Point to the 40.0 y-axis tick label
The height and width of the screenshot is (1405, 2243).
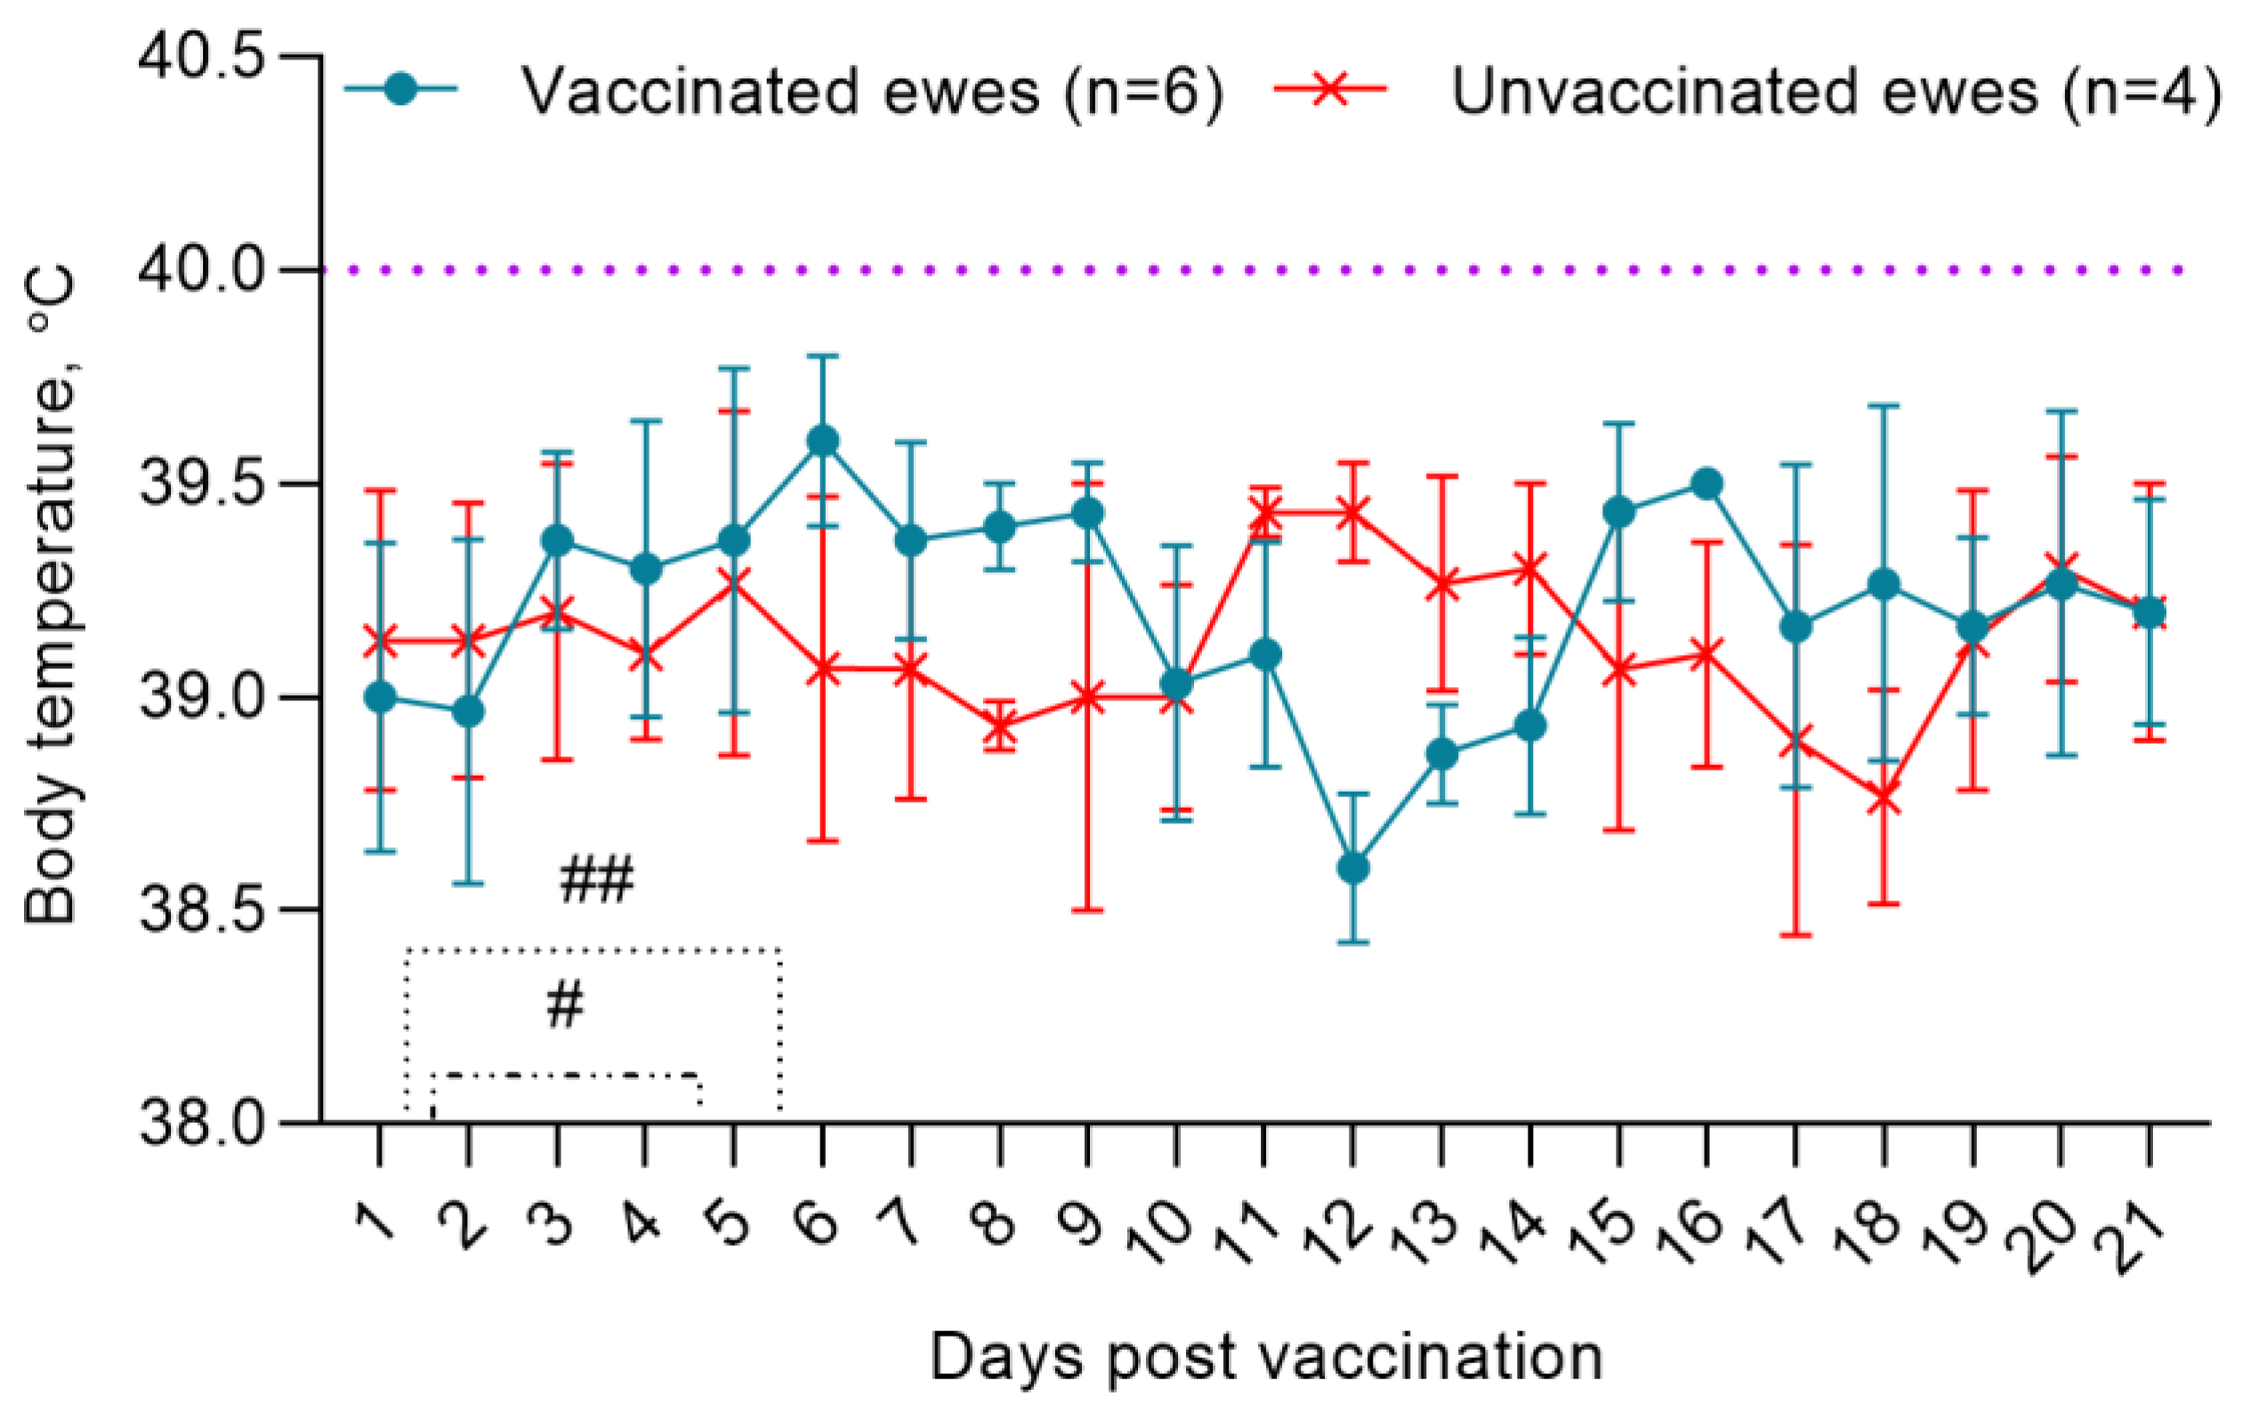(x=201, y=271)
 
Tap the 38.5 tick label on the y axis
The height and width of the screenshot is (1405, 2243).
(x=201, y=910)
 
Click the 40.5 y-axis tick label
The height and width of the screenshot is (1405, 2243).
(x=201, y=58)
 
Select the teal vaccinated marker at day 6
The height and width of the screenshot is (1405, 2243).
(x=822, y=440)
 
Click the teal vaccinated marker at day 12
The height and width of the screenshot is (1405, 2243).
(x=1353, y=868)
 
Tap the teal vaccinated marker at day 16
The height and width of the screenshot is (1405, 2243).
(x=1706, y=483)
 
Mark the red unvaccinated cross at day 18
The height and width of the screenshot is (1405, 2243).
(x=1884, y=798)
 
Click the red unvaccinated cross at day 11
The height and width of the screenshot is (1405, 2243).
(x=1264, y=511)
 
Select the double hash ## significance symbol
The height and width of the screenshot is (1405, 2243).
(x=596, y=880)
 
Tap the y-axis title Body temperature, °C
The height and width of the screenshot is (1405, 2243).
(x=50, y=594)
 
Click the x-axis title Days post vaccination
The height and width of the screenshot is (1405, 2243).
(x=1266, y=1358)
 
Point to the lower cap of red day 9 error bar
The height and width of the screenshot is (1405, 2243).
(x=1087, y=909)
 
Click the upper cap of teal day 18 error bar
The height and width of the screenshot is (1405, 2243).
(x=1884, y=406)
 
